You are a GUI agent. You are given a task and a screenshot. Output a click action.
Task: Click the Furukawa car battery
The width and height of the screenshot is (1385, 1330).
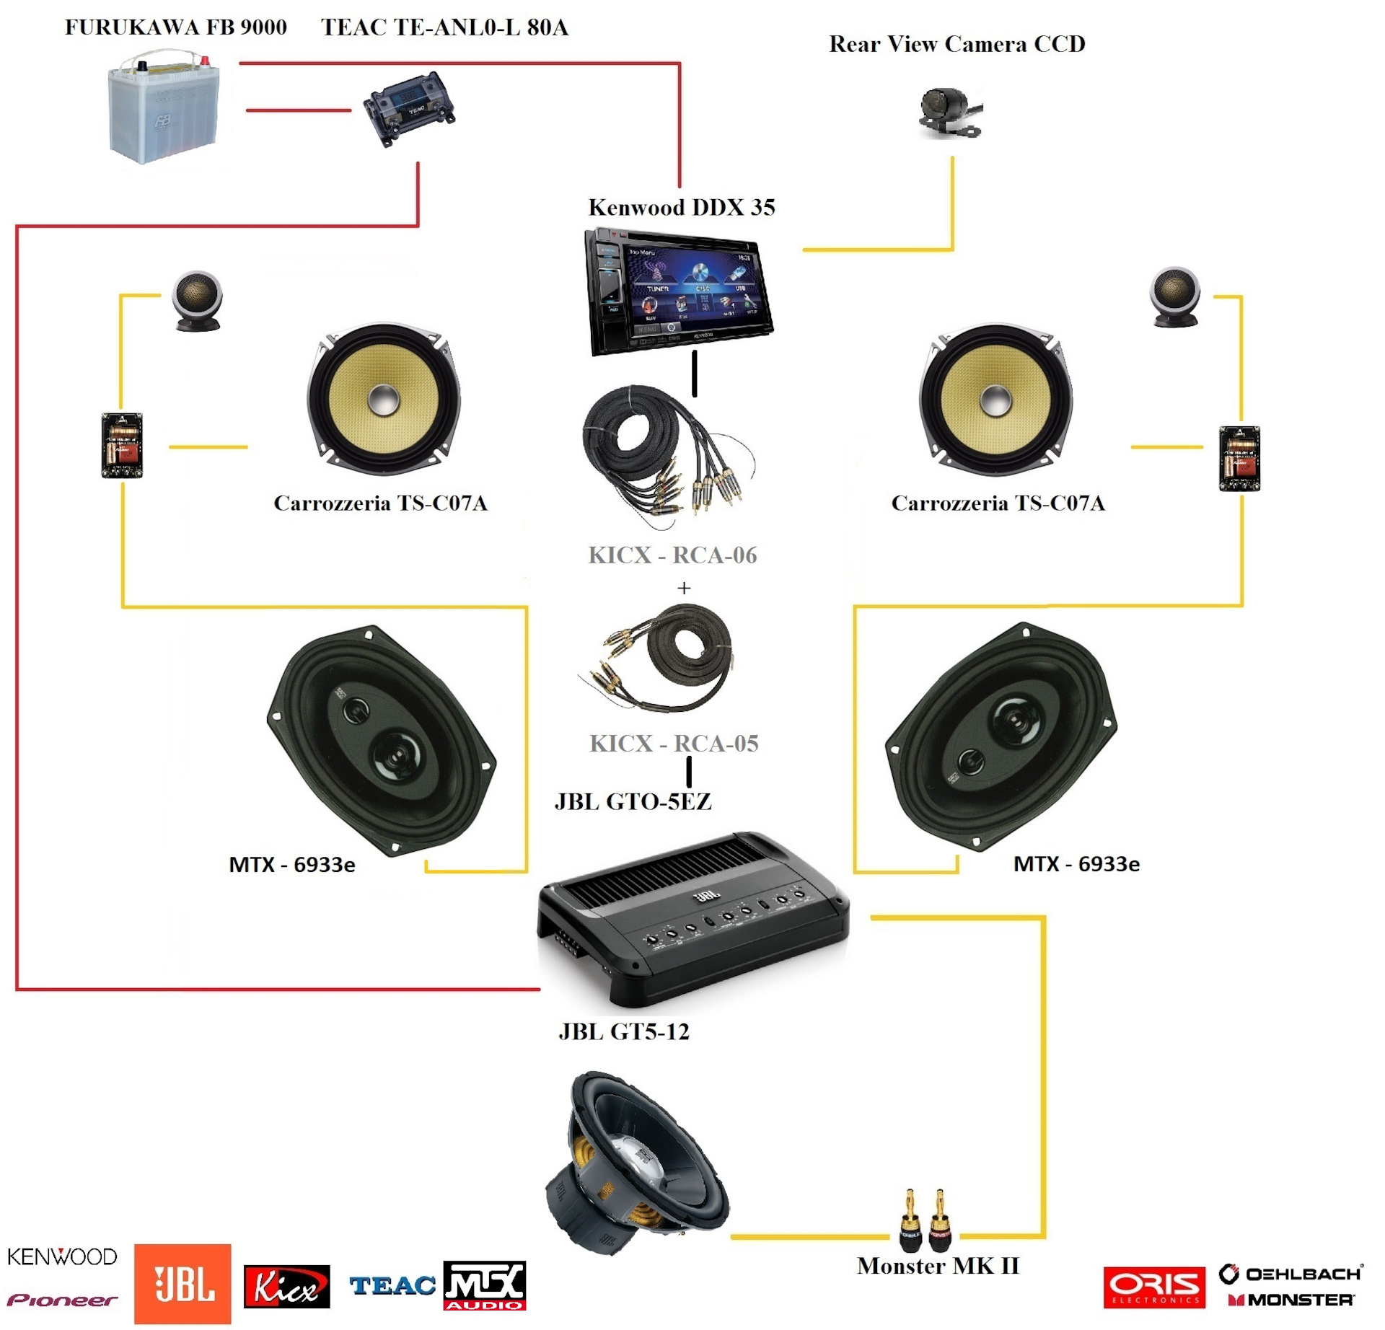point(164,108)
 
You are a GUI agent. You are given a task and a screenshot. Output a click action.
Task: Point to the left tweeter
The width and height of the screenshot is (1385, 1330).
point(196,299)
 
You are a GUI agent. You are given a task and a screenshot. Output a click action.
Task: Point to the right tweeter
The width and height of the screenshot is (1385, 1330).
point(1174,296)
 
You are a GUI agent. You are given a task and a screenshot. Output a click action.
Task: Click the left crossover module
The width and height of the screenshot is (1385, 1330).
point(122,445)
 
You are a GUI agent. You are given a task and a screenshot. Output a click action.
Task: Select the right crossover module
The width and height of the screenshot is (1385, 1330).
point(1239,459)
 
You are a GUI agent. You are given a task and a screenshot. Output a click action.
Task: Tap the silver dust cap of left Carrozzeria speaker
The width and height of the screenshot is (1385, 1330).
point(383,400)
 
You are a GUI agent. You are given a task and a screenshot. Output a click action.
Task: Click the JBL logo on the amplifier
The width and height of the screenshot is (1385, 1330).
point(706,896)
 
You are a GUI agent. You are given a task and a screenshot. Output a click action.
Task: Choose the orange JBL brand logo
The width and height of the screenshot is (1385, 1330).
point(183,1285)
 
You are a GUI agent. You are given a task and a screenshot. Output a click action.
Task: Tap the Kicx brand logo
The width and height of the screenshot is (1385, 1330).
point(286,1287)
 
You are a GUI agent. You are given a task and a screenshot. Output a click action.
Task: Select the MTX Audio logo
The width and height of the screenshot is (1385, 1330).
point(484,1285)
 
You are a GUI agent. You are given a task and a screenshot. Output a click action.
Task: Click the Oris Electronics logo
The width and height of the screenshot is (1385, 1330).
point(1153,1287)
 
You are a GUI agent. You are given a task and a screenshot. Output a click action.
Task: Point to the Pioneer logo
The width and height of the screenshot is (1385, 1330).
point(62,1300)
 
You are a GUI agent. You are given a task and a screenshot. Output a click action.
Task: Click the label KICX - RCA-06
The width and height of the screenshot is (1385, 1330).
point(672,555)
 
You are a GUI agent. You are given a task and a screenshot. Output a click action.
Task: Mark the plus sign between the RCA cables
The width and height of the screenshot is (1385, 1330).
point(684,589)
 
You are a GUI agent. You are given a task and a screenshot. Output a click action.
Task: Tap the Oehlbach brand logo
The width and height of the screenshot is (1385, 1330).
point(1291,1274)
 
